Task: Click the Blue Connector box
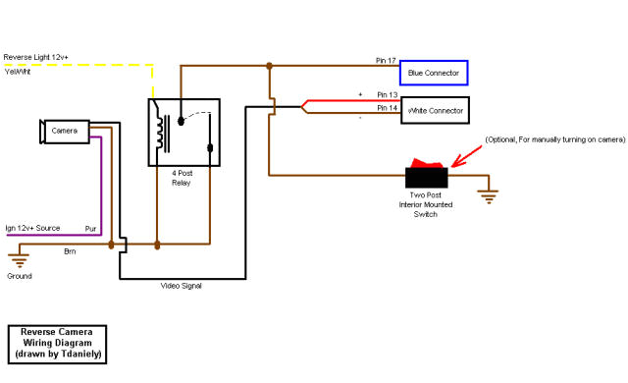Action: [x=434, y=73]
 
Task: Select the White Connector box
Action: [x=434, y=107]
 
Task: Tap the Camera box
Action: [x=65, y=131]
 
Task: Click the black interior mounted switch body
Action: [x=427, y=178]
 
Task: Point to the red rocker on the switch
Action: [x=427, y=164]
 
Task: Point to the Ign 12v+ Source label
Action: [x=32, y=228]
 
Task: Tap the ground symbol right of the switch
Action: [x=487, y=194]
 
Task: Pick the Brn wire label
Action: [x=70, y=252]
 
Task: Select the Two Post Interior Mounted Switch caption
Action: [x=426, y=204]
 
